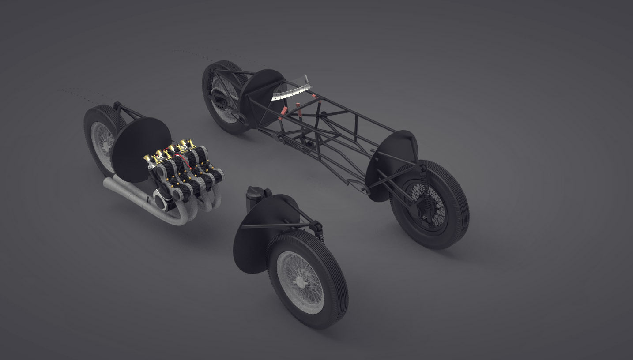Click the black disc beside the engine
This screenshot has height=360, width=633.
point(140,149)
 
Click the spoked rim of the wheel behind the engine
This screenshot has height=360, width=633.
point(101,139)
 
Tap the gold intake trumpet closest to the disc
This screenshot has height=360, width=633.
point(148,160)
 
